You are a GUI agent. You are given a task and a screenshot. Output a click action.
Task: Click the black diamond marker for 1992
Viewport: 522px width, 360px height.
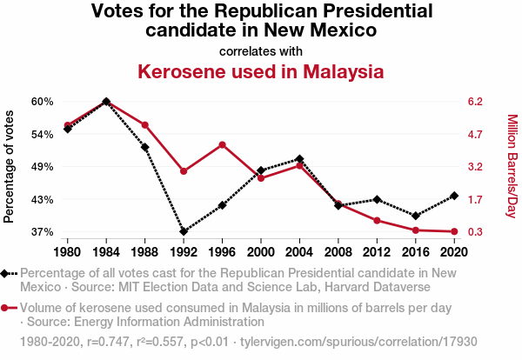(184, 232)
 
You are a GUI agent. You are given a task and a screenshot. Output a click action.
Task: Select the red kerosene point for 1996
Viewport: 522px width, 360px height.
(222, 144)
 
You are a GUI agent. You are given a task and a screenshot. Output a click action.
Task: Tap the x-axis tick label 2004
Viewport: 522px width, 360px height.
(299, 252)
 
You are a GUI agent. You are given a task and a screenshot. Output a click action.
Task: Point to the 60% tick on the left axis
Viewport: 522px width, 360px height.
(43, 101)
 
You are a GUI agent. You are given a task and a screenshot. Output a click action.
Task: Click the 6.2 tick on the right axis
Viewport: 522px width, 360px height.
(475, 101)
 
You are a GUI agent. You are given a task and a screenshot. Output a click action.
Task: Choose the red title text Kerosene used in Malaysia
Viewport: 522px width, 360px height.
(260, 71)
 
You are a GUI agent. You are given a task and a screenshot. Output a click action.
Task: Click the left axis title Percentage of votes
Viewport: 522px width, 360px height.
(10, 166)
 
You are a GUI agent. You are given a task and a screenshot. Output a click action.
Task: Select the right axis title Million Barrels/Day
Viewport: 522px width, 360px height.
(512, 166)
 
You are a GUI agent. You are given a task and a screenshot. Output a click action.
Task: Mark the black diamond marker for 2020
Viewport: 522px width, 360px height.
(453, 196)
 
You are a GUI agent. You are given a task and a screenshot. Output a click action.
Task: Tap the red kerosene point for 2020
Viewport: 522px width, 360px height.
(453, 231)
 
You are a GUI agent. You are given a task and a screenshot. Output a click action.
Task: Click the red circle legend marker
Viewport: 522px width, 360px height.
(6, 307)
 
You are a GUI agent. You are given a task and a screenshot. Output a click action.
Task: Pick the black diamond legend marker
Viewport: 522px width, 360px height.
(6, 273)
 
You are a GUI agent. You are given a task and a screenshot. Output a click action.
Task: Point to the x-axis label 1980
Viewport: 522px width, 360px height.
(68, 252)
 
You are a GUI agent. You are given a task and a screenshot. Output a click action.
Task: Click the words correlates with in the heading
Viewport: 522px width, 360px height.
(260, 50)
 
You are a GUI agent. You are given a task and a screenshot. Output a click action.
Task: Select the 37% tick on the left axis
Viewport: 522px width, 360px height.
(43, 232)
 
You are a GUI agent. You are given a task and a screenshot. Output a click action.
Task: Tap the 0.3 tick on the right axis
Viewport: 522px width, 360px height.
(475, 232)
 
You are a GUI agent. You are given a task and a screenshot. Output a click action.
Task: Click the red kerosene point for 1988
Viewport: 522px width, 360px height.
(145, 125)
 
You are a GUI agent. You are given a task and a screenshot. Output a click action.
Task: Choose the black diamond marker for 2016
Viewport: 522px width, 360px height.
(415, 216)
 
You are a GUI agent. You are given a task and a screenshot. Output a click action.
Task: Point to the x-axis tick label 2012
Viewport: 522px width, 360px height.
(377, 252)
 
